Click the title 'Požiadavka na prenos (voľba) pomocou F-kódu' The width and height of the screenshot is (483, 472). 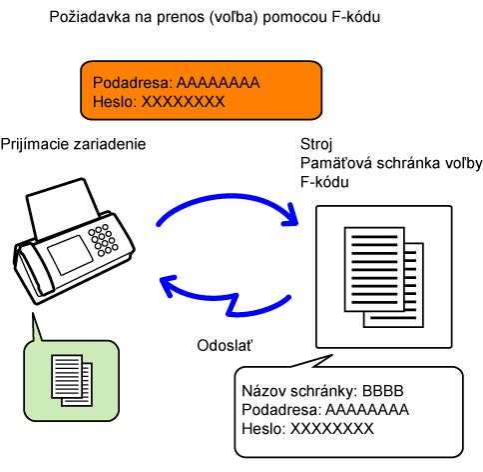click(x=215, y=17)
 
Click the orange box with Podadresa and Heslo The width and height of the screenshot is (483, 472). click(x=202, y=90)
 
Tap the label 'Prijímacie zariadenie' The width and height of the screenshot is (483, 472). click(x=73, y=145)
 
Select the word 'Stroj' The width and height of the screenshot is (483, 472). click(x=316, y=145)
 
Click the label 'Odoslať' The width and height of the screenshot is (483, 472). click(x=225, y=346)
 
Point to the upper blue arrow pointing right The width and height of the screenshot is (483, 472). click(x=227, y=198)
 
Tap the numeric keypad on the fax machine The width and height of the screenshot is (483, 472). click(x=103, y=240)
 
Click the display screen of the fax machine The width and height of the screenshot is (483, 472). click(x=70, y=254)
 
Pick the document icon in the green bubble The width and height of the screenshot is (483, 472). click(x=72, y=380)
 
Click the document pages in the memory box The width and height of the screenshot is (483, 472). click(x=384, y=277)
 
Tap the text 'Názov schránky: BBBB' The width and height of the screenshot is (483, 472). click(x=322, y=391)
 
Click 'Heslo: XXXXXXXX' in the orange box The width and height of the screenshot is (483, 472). click(x=159, y=102)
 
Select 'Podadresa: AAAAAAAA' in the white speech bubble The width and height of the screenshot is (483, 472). click(x=325, y=410)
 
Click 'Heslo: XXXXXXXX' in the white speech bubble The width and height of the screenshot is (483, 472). click(x=307, y=429)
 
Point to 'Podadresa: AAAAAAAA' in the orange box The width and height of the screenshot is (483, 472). click(x=177, y=83)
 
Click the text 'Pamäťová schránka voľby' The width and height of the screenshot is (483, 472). click(x=391, y=164)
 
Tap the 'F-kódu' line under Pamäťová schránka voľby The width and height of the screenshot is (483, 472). click(x=324, y=182)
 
